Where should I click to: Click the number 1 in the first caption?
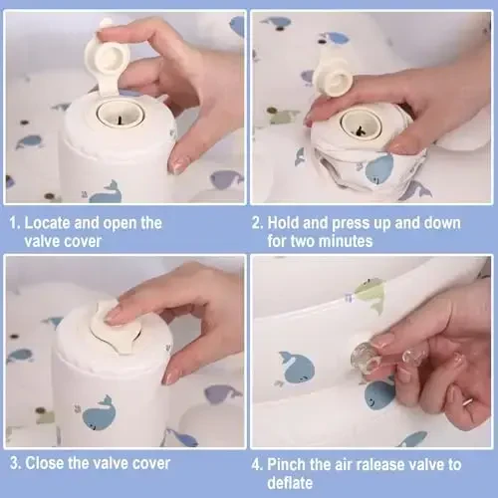[13, 223]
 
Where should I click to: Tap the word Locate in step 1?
[47, 223]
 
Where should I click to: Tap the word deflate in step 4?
[290, 483]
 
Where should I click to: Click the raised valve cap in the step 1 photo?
[107, 58]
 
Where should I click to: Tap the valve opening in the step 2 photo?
[361, 124]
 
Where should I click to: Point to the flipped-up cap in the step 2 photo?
[334, 79]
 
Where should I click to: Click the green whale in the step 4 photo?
[371, 295]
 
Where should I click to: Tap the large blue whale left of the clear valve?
[297, 368]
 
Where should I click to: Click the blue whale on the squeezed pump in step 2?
[379, 169]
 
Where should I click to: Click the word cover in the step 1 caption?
[84, 241]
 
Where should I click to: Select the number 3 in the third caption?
[15, 463]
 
